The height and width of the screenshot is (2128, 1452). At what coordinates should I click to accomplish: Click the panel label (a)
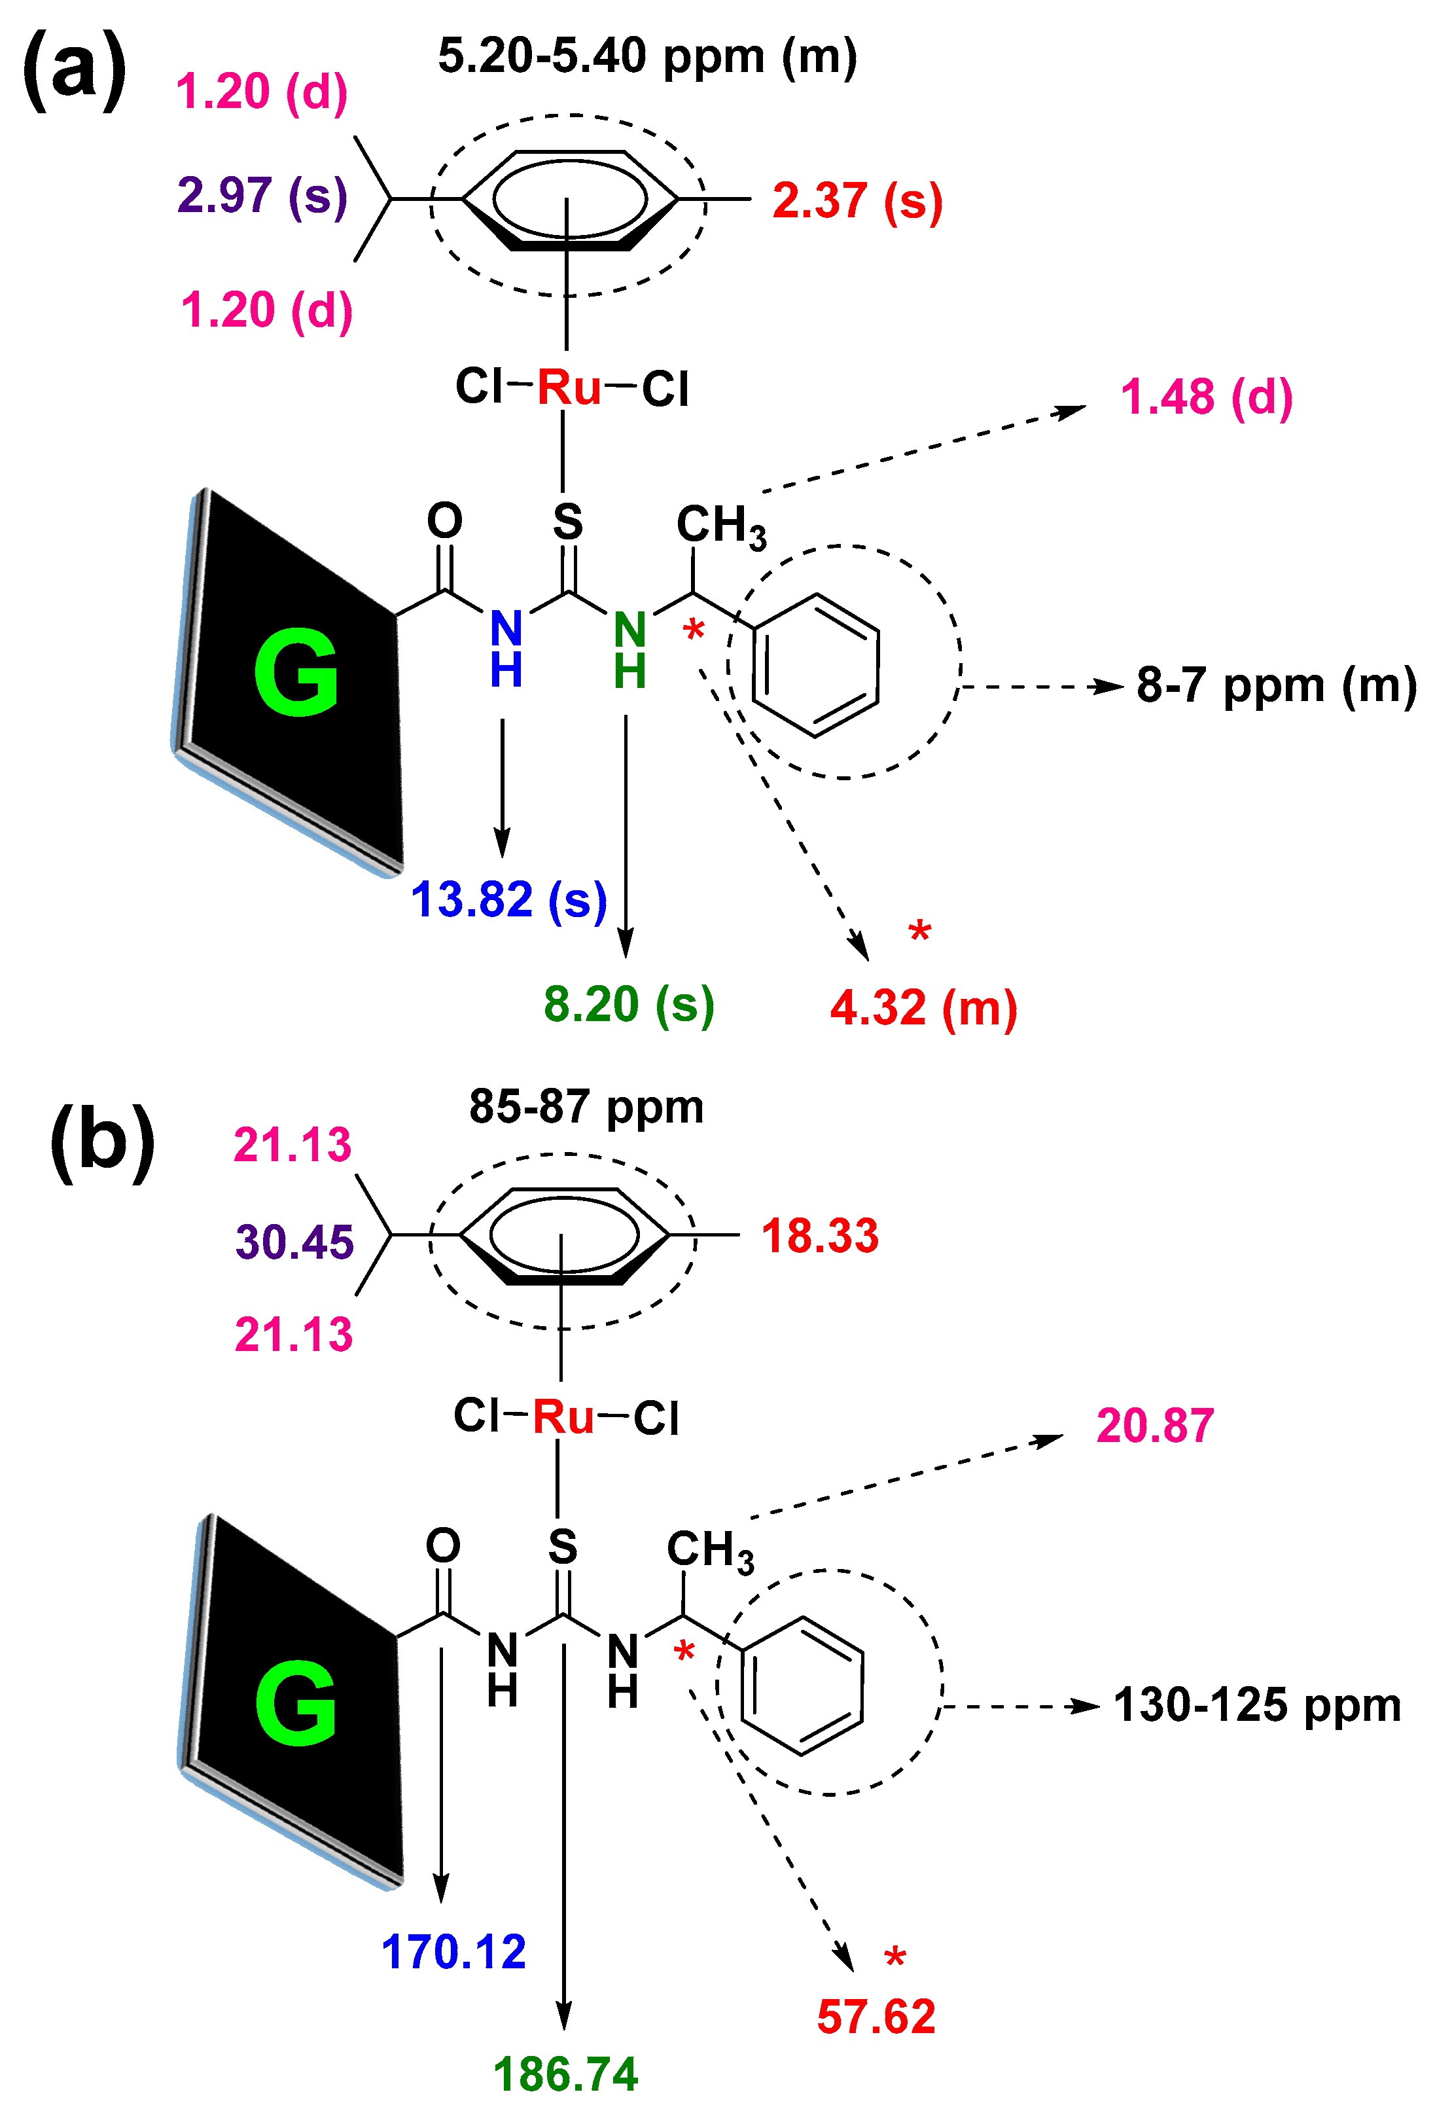pyautogui.click(x=75, y=71)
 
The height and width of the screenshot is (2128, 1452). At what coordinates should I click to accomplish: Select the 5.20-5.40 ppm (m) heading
pyautogui.click(x=647, y=57)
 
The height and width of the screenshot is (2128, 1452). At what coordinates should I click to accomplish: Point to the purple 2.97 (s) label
pyautogui.click(x=262, y=195)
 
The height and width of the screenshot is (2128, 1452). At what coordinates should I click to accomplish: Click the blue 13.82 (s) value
pyautogui.click(x=508, y=899)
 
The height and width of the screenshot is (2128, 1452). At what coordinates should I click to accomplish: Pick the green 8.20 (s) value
pyautogui.click(x=628, y=1005)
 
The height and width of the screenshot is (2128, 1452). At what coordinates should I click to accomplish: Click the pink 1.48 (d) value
pyautogui.click(x=1206, y=397)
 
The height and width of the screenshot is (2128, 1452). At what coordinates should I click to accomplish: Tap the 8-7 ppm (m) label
pyautogui.click(x=1276, y=685)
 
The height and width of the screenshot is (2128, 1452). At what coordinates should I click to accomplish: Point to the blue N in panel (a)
pyautogui.click(x=506, y=629)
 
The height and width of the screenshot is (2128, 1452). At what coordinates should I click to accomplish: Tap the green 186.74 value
pyautogui.click(x=565, y=2075)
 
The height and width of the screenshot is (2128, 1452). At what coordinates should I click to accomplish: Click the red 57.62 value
pyautogui.click(x=876, y=2017)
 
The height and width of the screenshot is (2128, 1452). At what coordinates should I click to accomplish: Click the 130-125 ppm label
pyautogui.click(x=1256, y=1705)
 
